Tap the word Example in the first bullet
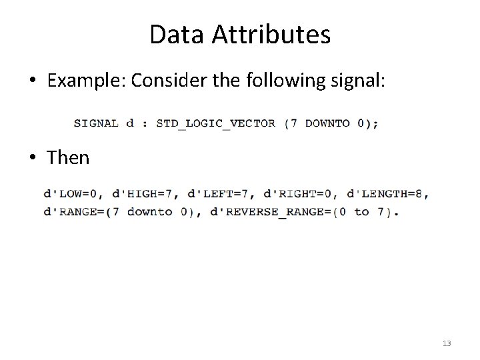coord(87,81)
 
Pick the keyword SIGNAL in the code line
coord(96,123)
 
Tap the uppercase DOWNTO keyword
coord(327,123)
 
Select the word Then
coord(68,157)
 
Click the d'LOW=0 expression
coord(73,194)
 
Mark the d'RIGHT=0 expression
coord(298,194)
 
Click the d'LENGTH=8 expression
coord(386,194)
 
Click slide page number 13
coord(446,343)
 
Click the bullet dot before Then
coord(33,159)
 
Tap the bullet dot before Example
coord(33,82)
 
